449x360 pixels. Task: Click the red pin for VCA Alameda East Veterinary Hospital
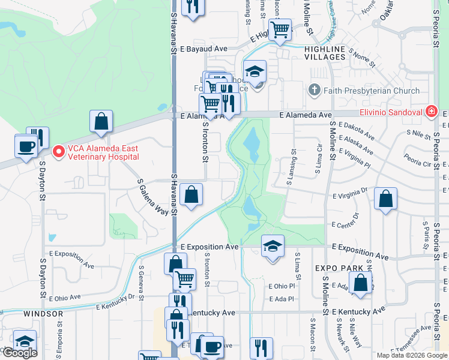coord(58,151)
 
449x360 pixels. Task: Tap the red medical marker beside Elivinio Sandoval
coord(430,111)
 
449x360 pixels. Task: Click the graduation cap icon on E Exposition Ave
coord(273,245)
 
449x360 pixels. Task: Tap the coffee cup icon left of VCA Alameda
coord(26,146)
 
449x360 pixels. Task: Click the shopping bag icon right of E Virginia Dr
coord(385,199)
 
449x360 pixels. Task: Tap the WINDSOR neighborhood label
coord(43,314)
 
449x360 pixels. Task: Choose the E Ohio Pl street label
coord(282,286)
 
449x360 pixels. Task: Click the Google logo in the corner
coord(20,353)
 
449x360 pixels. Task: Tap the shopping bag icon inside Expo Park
coord(360,284)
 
